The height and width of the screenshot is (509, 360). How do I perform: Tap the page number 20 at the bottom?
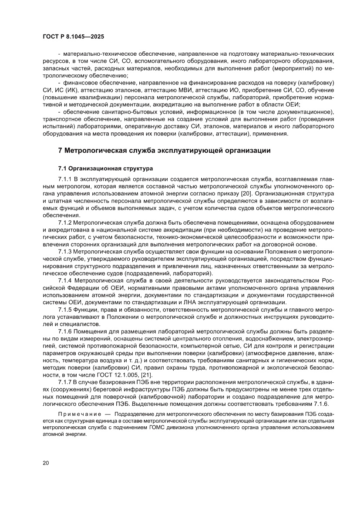pyautogui.click(x=46, y=462)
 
